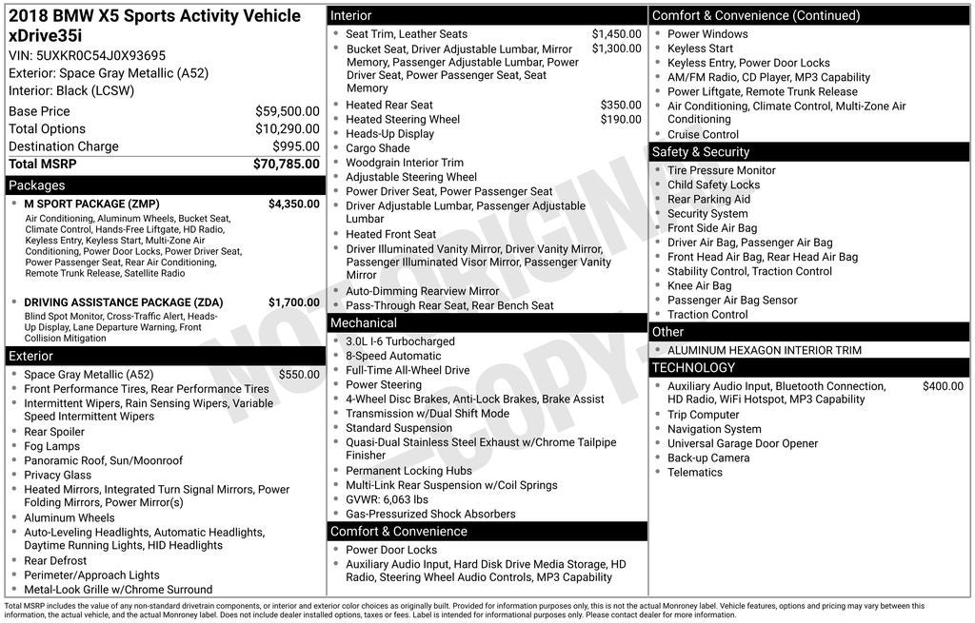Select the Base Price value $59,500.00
pyautogui.click(x=288, y=111)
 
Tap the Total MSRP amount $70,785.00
pyautogui.click(x=286, y=165)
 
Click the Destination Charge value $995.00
pyautogui.click(x=296, y=146)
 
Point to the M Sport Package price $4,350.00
pyautogui.click(x=293, y=204)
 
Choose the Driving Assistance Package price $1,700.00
pyautogui.click(x=293, y=302)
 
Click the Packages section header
pyautogui.click(x=37, y=185)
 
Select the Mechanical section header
pyautogui.click(x=364, y=323)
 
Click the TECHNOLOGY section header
pyautogui.click(x=693, y=368)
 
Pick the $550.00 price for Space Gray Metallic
pyautogui.click(x=299, y=375)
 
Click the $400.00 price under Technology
pyautogui.click(x=943, y=386)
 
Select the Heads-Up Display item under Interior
pyautogui.click(x=389, y=134)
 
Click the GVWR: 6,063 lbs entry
pyautogui.click(x=387, y=499)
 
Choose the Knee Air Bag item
pyautogui.click(x=699, y=285)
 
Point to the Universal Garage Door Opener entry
pyautogui.click(x=742, y=443)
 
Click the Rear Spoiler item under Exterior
pyautogui.click(x=55, y=432)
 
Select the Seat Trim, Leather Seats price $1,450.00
pyautogui.click(x=616, y=34)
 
